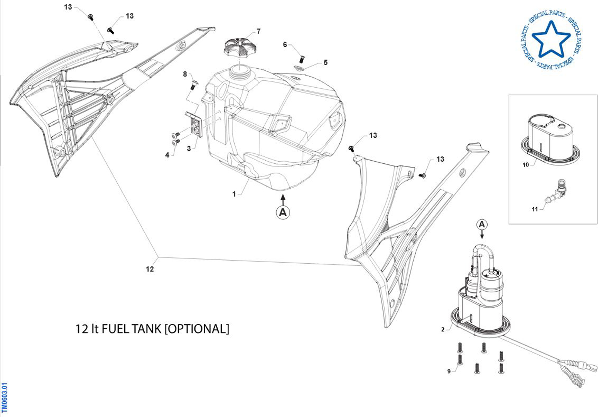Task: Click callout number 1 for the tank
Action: [x=234, y=194]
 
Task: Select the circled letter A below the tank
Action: [x=283, y=212]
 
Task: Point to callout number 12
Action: [x=150, y=269]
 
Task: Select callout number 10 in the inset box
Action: [x=525, y=165]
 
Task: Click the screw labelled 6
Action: [x=302, y=59]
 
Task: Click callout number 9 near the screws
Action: [x=449, y=371]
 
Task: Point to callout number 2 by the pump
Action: [x=443, y=329]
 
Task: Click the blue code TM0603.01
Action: [x=4, y=397]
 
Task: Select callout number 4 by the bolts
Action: [x=167, y=155]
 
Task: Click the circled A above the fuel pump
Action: [x=482, y=225]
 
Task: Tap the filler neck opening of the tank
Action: [x=240, y=69]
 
